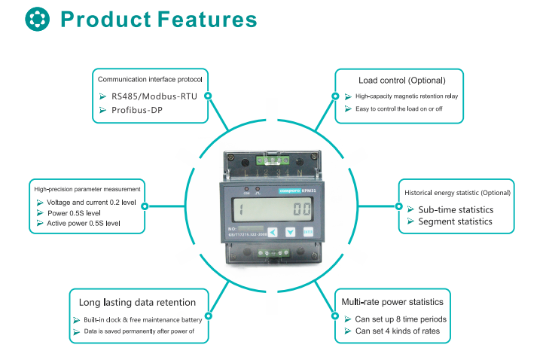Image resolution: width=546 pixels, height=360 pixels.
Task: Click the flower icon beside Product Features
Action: pyautogui.click(x=35, y=19)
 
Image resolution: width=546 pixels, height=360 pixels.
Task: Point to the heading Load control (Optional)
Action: pyautogui.click(x=401, y=80)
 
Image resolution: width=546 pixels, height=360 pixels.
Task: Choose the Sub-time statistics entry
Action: pyautogui.click(x=456, y=209)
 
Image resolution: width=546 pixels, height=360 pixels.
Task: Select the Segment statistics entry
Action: pyautogui.click(x=455, y=221)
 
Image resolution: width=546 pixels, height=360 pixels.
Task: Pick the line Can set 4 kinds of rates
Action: pyautogui.click(x=402, y=331)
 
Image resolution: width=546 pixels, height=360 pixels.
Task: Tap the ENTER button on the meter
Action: pyautogui.click(x=308, y=233)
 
